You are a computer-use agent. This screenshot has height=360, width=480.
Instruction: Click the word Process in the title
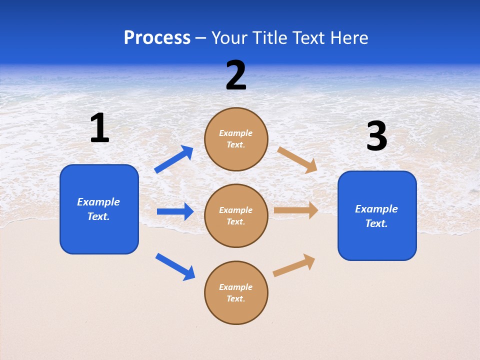pyautogui.click(x=157, y=38)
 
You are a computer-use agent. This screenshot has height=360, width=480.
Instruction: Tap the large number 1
pyautogui.click(x=99, y=128)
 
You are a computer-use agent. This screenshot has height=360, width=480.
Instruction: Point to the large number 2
pyautogui.click(x=236, y=75)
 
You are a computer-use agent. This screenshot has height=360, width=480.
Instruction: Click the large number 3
pyautogui.click(x=376, y=136)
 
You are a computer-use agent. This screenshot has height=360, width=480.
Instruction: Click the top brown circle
pyautogui.click(x=236, y=139)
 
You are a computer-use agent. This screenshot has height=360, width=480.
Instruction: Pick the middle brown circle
pyautogui.click(x=236, y=215)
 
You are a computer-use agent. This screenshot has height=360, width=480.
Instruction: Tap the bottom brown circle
pyautogui.click(x=236, y=292)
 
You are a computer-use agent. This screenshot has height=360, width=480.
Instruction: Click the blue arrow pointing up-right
pyautogui.click(x=174, y=159)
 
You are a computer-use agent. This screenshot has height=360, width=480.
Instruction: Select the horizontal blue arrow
pyautogui.click(x=175, y=211)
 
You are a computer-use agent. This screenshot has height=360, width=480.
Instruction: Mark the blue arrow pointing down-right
pyautogui.click(x=175, y=266)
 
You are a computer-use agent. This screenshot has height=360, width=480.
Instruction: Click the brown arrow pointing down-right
pyautogui.click(x=297, y=159)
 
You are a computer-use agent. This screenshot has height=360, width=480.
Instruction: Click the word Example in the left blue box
pyautogui.click(x=98, y=202)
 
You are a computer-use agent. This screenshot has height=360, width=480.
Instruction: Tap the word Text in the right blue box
pyautogui.click(x=376, y=223)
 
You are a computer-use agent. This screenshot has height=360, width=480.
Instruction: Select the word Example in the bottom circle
pyautogui.click(x=236, y=287)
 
